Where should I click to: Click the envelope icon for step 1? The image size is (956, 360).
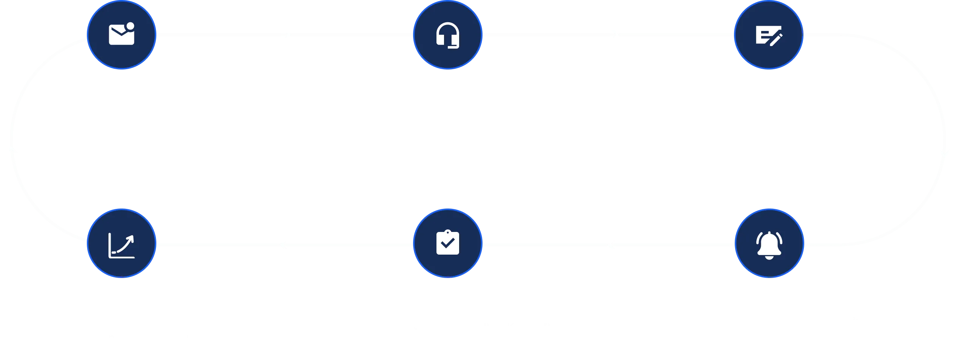tap(122, 35)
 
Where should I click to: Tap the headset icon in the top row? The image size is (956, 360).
tap(448, 35)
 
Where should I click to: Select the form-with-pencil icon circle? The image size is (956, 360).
tap(769, 35)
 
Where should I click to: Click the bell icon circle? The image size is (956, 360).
tap(769, 244)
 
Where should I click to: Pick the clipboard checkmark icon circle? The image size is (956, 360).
tap(448, 244)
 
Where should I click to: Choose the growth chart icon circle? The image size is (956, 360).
tap(122, 244)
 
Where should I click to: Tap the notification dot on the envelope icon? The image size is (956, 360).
tap(130, 26)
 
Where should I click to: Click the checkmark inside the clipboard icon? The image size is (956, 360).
tap(448, 244)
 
